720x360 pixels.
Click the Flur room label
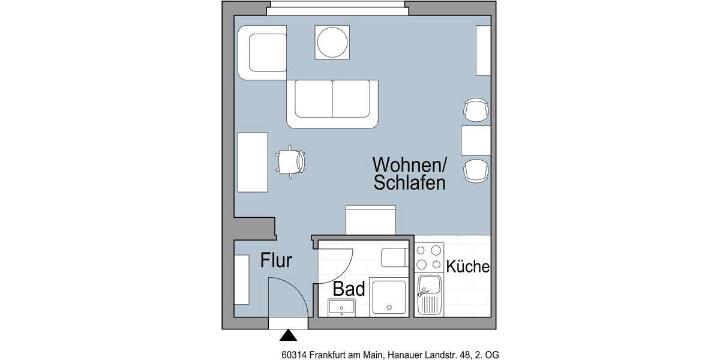tap(276, 261)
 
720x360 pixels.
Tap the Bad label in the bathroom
tap(349, 289)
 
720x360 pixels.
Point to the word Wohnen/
tap(410, 164)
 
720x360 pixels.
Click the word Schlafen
tap(409, 183)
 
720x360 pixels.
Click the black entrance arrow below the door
tap(289, 335)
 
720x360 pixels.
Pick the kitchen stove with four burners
tap(429, 257)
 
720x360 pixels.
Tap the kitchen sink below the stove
tap(430, 294)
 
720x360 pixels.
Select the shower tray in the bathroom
tap(389, 296)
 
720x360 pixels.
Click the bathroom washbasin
tap(342, 308)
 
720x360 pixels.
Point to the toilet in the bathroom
tap(394, 257)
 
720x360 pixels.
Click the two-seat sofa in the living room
tap(332, 103)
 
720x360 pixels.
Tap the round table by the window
tap(332, 42)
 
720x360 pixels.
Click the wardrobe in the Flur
tap(241, 280)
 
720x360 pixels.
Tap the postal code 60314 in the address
tap(293, 355)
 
